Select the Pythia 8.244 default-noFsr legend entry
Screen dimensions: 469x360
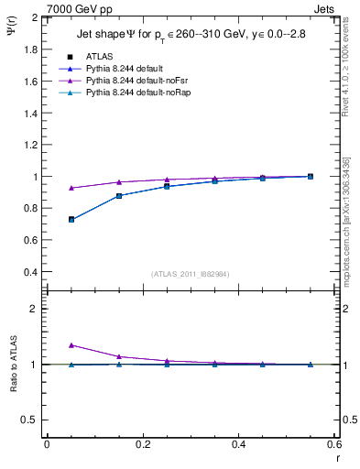137,81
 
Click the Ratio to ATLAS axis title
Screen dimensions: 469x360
13,364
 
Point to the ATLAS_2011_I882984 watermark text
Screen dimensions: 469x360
190,273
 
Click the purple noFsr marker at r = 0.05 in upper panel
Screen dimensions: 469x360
71,188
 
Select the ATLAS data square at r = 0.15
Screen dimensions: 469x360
119,195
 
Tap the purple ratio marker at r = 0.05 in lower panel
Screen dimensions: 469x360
71,344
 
